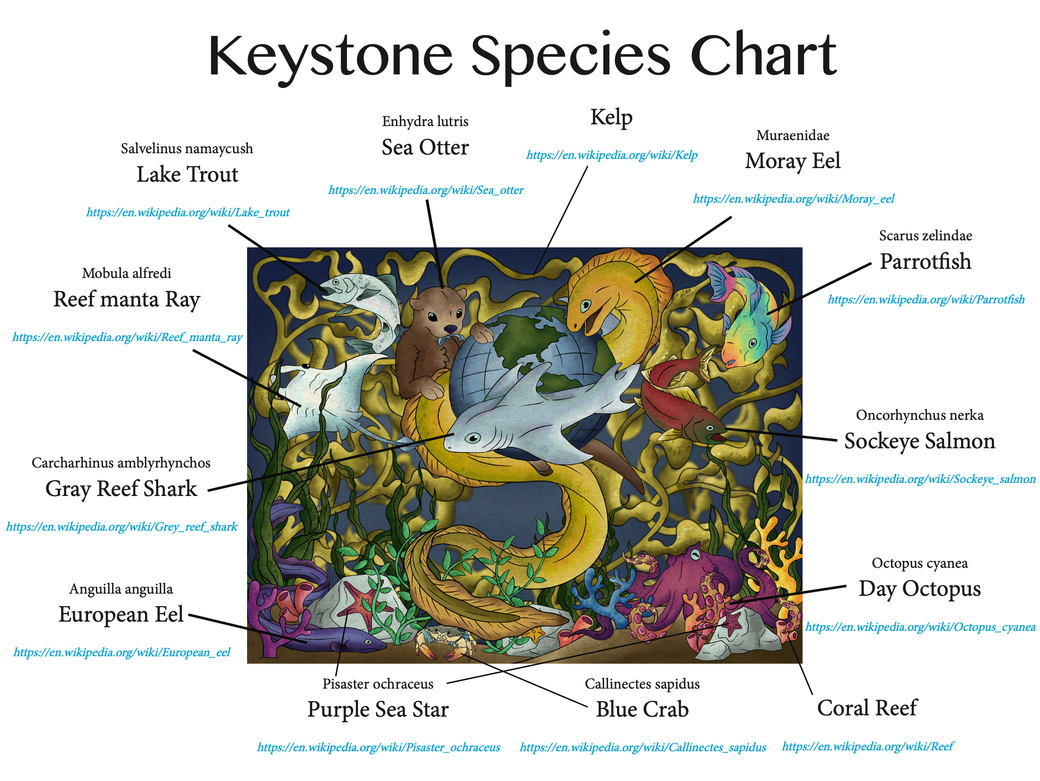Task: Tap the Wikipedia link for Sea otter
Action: click(x=425, y=190)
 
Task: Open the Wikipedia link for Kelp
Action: click(x=612, y=155)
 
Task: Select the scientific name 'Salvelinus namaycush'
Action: click(x=187, y=149)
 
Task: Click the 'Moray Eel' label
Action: click(x=792, y=161)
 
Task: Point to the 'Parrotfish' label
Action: click(x=925, y=261)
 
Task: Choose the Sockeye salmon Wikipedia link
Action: click(x=920, y=479)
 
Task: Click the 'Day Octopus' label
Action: click(x=920, y=589)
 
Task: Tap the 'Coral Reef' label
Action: click(x=867, y=708)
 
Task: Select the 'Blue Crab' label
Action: click(x=642, y=709)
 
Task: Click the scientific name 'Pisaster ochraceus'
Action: click(x=378, y=684)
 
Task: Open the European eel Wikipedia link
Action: click(x=122, y=652)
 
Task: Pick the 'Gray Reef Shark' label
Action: click(x=121, y=489)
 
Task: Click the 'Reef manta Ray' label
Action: click(x=127, y=300)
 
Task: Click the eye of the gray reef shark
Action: click(x=472, y=438)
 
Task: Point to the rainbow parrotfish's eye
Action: click(x=753, y=343)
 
